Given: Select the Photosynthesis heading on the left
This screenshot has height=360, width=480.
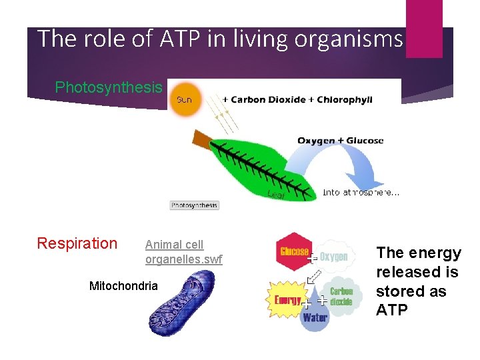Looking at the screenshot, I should pos(108,87).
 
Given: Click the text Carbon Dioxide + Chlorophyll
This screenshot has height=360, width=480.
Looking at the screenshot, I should pos(297,100).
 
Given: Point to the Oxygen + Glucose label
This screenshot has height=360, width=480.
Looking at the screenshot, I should pos(340,141).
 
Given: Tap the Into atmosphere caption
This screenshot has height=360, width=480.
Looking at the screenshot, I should pos(361,193).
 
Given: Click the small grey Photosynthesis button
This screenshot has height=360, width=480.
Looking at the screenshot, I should pos(194,205).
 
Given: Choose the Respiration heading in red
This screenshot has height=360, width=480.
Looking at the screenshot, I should pos(77,243).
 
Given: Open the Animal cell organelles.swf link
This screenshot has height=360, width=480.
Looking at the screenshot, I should pos(183,252).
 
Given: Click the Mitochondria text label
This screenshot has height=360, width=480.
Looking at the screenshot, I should pos(123,286).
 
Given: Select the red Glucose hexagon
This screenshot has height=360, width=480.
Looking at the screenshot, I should pos(293,251).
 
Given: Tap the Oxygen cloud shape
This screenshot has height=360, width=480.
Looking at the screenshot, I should pos(333,256).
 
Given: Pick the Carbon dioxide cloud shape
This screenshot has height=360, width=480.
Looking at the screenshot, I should pos(341,297).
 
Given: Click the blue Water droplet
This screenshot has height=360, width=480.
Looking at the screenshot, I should pos(315,315).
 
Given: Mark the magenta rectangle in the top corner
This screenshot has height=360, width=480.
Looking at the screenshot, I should pos(424,27).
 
